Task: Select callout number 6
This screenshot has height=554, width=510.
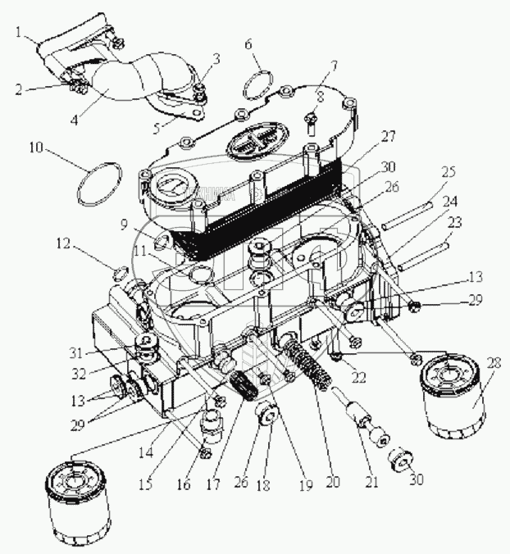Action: point(248,45)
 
